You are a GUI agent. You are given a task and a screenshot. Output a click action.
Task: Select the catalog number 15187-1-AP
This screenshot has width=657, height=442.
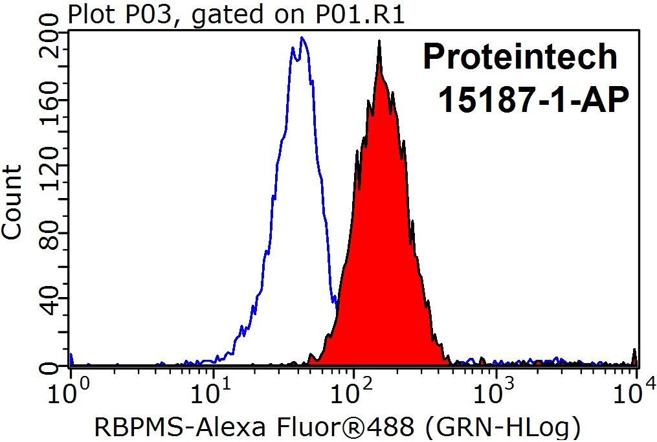(533, 100)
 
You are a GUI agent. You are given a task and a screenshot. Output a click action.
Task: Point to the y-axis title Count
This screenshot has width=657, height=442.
(12, 203)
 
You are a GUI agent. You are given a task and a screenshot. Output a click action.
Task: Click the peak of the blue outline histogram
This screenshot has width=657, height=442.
(302, 38)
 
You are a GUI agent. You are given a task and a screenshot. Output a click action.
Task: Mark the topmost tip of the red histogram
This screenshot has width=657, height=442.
(379, 41)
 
